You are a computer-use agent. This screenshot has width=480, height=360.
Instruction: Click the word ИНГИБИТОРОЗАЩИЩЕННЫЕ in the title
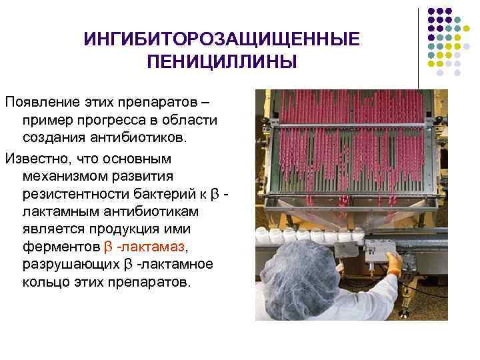[x=221, y=40]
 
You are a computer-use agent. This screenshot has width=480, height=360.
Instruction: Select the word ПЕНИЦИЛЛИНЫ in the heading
[x=221, y=63]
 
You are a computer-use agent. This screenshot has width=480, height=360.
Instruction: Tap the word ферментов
[x=61, y=247]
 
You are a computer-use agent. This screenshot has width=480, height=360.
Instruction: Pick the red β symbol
[x=111, y=247]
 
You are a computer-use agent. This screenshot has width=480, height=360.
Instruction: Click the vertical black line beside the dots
[x=418, y=47]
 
